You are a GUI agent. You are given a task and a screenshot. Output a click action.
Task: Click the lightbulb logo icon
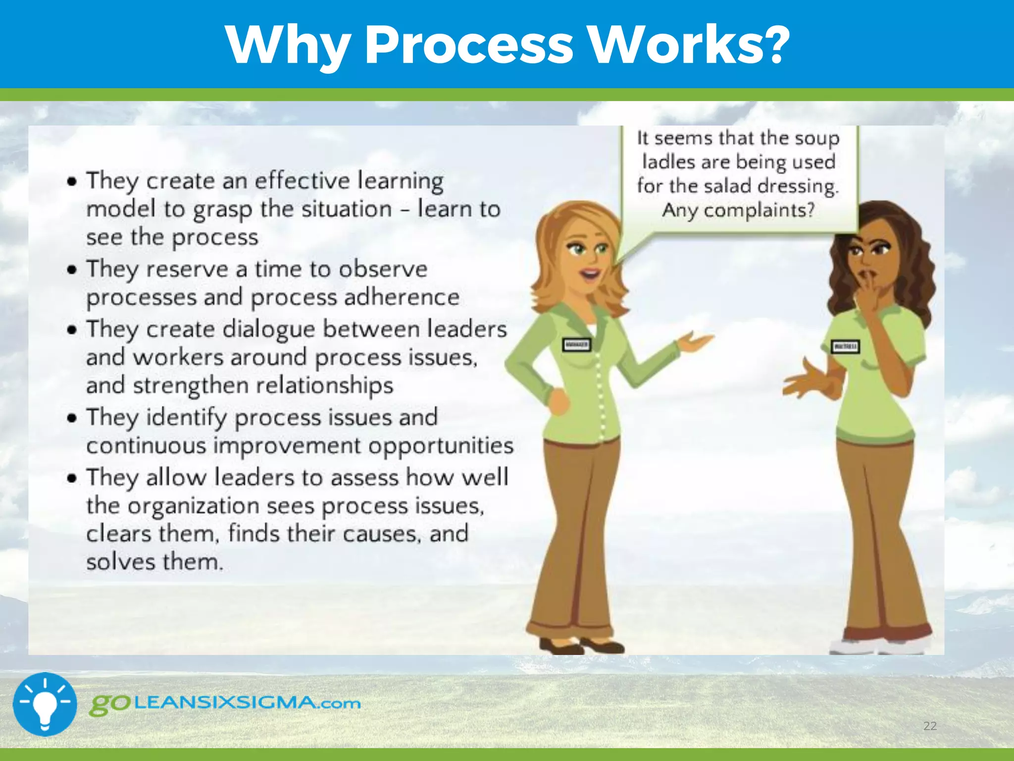coord(45,704)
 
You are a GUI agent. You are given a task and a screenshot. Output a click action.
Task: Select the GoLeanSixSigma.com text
coord(225,704)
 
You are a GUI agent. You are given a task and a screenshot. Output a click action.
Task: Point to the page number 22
coord(930,726)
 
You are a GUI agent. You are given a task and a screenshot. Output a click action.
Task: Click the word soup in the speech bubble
coord(817,138)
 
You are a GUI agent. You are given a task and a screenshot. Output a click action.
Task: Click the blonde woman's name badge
coord(577,344)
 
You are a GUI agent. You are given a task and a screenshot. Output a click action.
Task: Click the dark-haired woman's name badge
coord(845,346)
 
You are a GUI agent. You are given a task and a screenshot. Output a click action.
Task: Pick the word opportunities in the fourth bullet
coord(441,445)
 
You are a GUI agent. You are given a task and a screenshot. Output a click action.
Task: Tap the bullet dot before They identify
coord(73,418)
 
